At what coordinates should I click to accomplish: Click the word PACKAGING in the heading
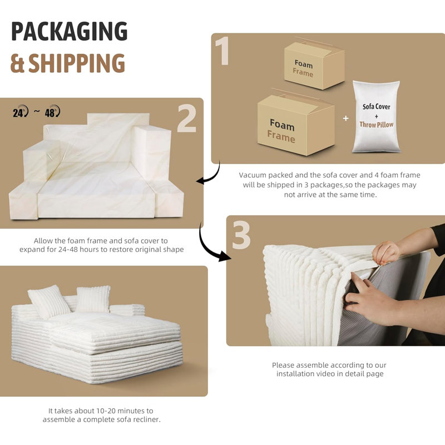click(x=70, y=31)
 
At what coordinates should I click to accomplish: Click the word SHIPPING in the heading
click(x=77, y=63)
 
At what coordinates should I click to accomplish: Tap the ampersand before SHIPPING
click(x=17, y=63)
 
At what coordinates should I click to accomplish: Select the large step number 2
click(x=187, y=118)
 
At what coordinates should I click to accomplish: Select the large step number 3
click(x=241, y=235)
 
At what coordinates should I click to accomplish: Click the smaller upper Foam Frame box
click(x=314, y=66)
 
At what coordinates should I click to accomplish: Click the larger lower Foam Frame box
click(x=296, y=125)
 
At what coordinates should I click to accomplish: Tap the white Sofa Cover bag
click(x=376, y=116)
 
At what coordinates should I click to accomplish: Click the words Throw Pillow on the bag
click(x=377, y=125)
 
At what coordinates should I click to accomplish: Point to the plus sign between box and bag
click(x=345, y=118)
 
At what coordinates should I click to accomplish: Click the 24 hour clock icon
click(x=21, y=112)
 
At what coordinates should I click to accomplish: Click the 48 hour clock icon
click(x=52, y=111)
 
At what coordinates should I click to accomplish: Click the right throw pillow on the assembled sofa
click(x=93, y=299)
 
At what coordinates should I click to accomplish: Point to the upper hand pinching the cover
click(x=386, y=253)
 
